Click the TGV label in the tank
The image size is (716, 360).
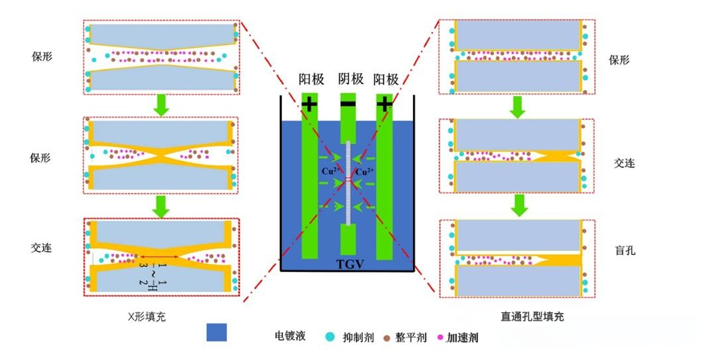(350, 264)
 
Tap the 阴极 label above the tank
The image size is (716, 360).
(351, 79)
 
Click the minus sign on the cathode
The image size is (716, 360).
(348, 103)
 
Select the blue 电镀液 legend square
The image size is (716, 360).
(216, 332)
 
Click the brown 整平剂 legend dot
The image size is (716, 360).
(387, 338)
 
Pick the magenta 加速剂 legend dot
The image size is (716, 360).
(440, 337)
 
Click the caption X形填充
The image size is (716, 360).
(147, 317)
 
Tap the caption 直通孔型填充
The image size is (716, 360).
(532, 316)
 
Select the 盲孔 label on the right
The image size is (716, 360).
(625, 251)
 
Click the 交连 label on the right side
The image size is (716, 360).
(625, 163)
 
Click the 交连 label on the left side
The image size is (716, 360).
(41, 247)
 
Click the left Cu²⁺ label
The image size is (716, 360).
(329, 172)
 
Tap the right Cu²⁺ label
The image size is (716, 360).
(365, 172)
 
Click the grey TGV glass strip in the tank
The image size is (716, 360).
(348, 183)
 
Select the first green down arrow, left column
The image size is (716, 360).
(160, 105)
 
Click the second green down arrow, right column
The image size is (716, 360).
(519, 205)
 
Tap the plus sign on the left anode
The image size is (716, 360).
(309, 105)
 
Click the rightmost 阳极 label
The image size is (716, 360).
(386, 79)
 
